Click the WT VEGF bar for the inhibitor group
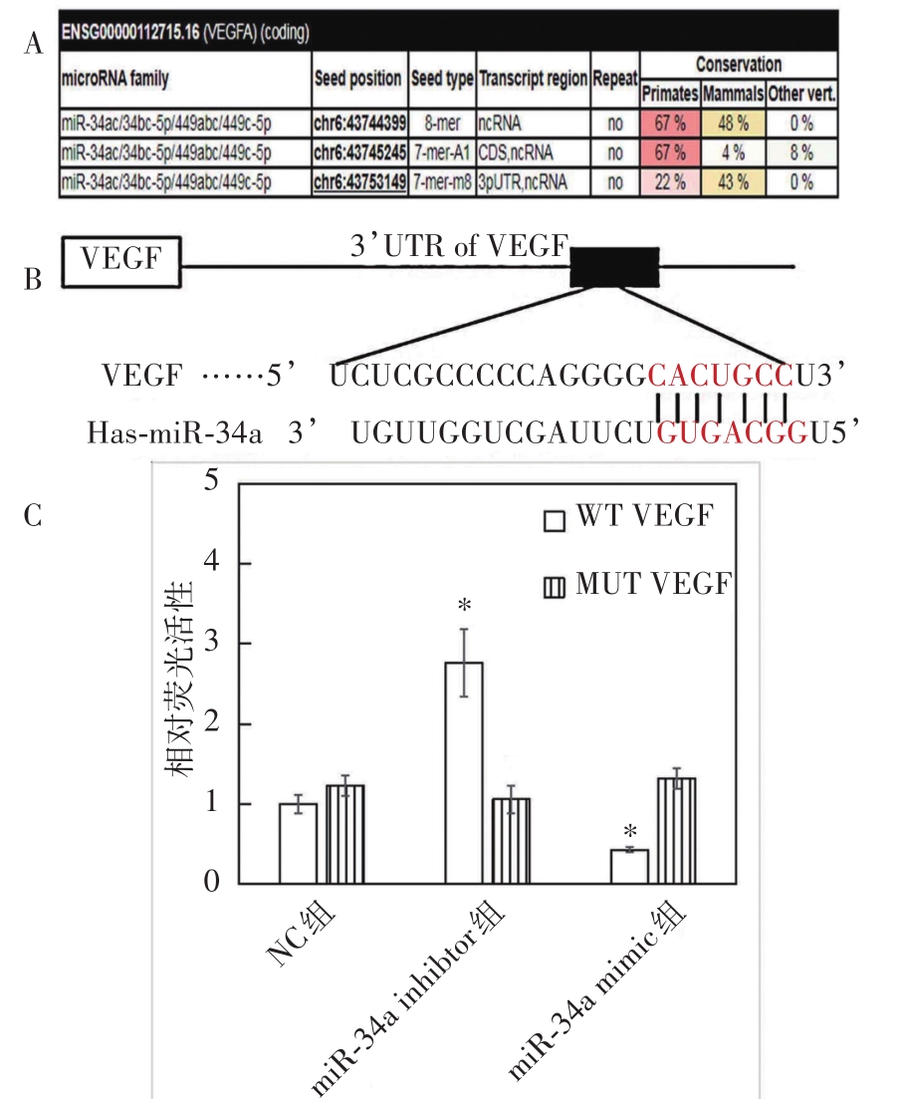463,772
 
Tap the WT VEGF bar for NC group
298,843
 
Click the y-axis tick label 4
210,563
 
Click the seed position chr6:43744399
357,127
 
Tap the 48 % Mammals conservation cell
733,127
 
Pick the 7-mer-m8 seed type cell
442,181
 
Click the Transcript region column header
533,79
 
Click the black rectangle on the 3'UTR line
613,266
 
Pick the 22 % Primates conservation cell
670,181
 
